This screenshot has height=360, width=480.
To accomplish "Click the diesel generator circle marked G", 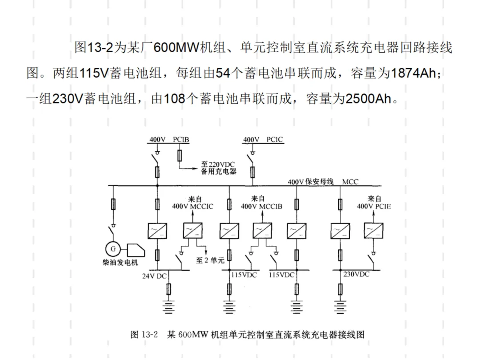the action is click(x=113, y=249).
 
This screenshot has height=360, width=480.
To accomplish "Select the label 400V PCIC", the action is click(x=263, y=140).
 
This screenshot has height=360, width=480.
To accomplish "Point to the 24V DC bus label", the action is click(x=154, y=276).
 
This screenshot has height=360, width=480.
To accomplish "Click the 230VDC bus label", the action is click(x=356, y=274).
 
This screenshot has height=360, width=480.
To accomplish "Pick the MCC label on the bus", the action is click(x=350, y=182).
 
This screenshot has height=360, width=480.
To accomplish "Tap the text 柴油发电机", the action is click(x=120, y=263).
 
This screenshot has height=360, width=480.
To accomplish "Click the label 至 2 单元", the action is click(x=210, y=260).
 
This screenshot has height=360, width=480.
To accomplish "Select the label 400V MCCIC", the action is click(x=192, y=206).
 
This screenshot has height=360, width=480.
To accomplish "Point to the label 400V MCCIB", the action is click(x=261, y=206).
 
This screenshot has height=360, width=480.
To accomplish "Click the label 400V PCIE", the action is click(x=374, y=206).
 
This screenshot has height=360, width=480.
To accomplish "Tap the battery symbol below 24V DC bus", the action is click(x=168, y=307).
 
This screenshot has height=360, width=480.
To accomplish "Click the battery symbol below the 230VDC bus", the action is click(x=340, y=307).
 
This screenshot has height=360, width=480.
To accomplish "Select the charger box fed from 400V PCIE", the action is click(x=373, y=231).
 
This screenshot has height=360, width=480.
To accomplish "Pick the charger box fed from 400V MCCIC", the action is click(x=192, y=231).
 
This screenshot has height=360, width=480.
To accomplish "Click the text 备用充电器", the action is click(x=219, y=172).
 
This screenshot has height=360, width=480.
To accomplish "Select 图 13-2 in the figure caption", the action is click(x=144, y=335).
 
